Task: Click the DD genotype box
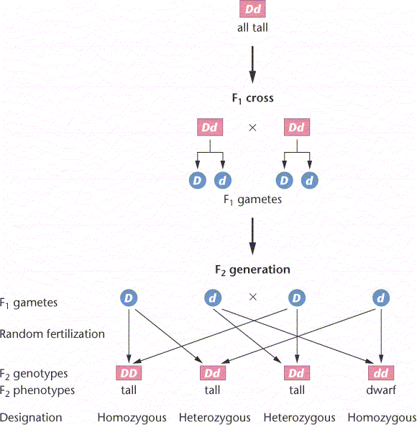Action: pyautogui.click(x=129, y=373)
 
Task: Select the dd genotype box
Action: pyautogui.click(x=381, y=373)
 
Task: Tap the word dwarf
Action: pyautogui.click(x=381, y=390)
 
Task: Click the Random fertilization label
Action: pyautogui.click(x=52, y=334)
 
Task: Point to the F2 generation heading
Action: pyautogui.click(x=252, y=270)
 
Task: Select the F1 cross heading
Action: pyautogui.click(x=253, y=98)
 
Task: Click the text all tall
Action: pyautogui.click(x=252, y=27)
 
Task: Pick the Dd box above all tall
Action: pyautogui.click(x=252, y=9)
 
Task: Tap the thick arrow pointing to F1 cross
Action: pyautogui.click(x=252, y=65)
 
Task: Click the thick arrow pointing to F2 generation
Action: pyautogui.click(x=252, y=236)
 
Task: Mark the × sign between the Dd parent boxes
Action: pyautogui.click(x=252, y=127)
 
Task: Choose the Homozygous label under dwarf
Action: pyautogui.click(x=382, y=418)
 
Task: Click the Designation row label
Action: pyautogui.click(x=31, y=418)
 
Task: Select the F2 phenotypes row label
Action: pyautogui.click(x=37, y=390)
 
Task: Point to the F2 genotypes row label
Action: pyautogui.click(x=34, y=374)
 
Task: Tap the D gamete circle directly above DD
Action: pyautogui.click(x=129, y=298)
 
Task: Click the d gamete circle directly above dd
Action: pyautogui.click(x=381, y=298)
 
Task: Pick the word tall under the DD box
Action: pyautogui.click(x=129, y=390)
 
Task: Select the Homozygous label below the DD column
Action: pyautogui.click(x=132, y=418)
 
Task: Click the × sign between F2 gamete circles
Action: pyautogui.click(x=253, y=297)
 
